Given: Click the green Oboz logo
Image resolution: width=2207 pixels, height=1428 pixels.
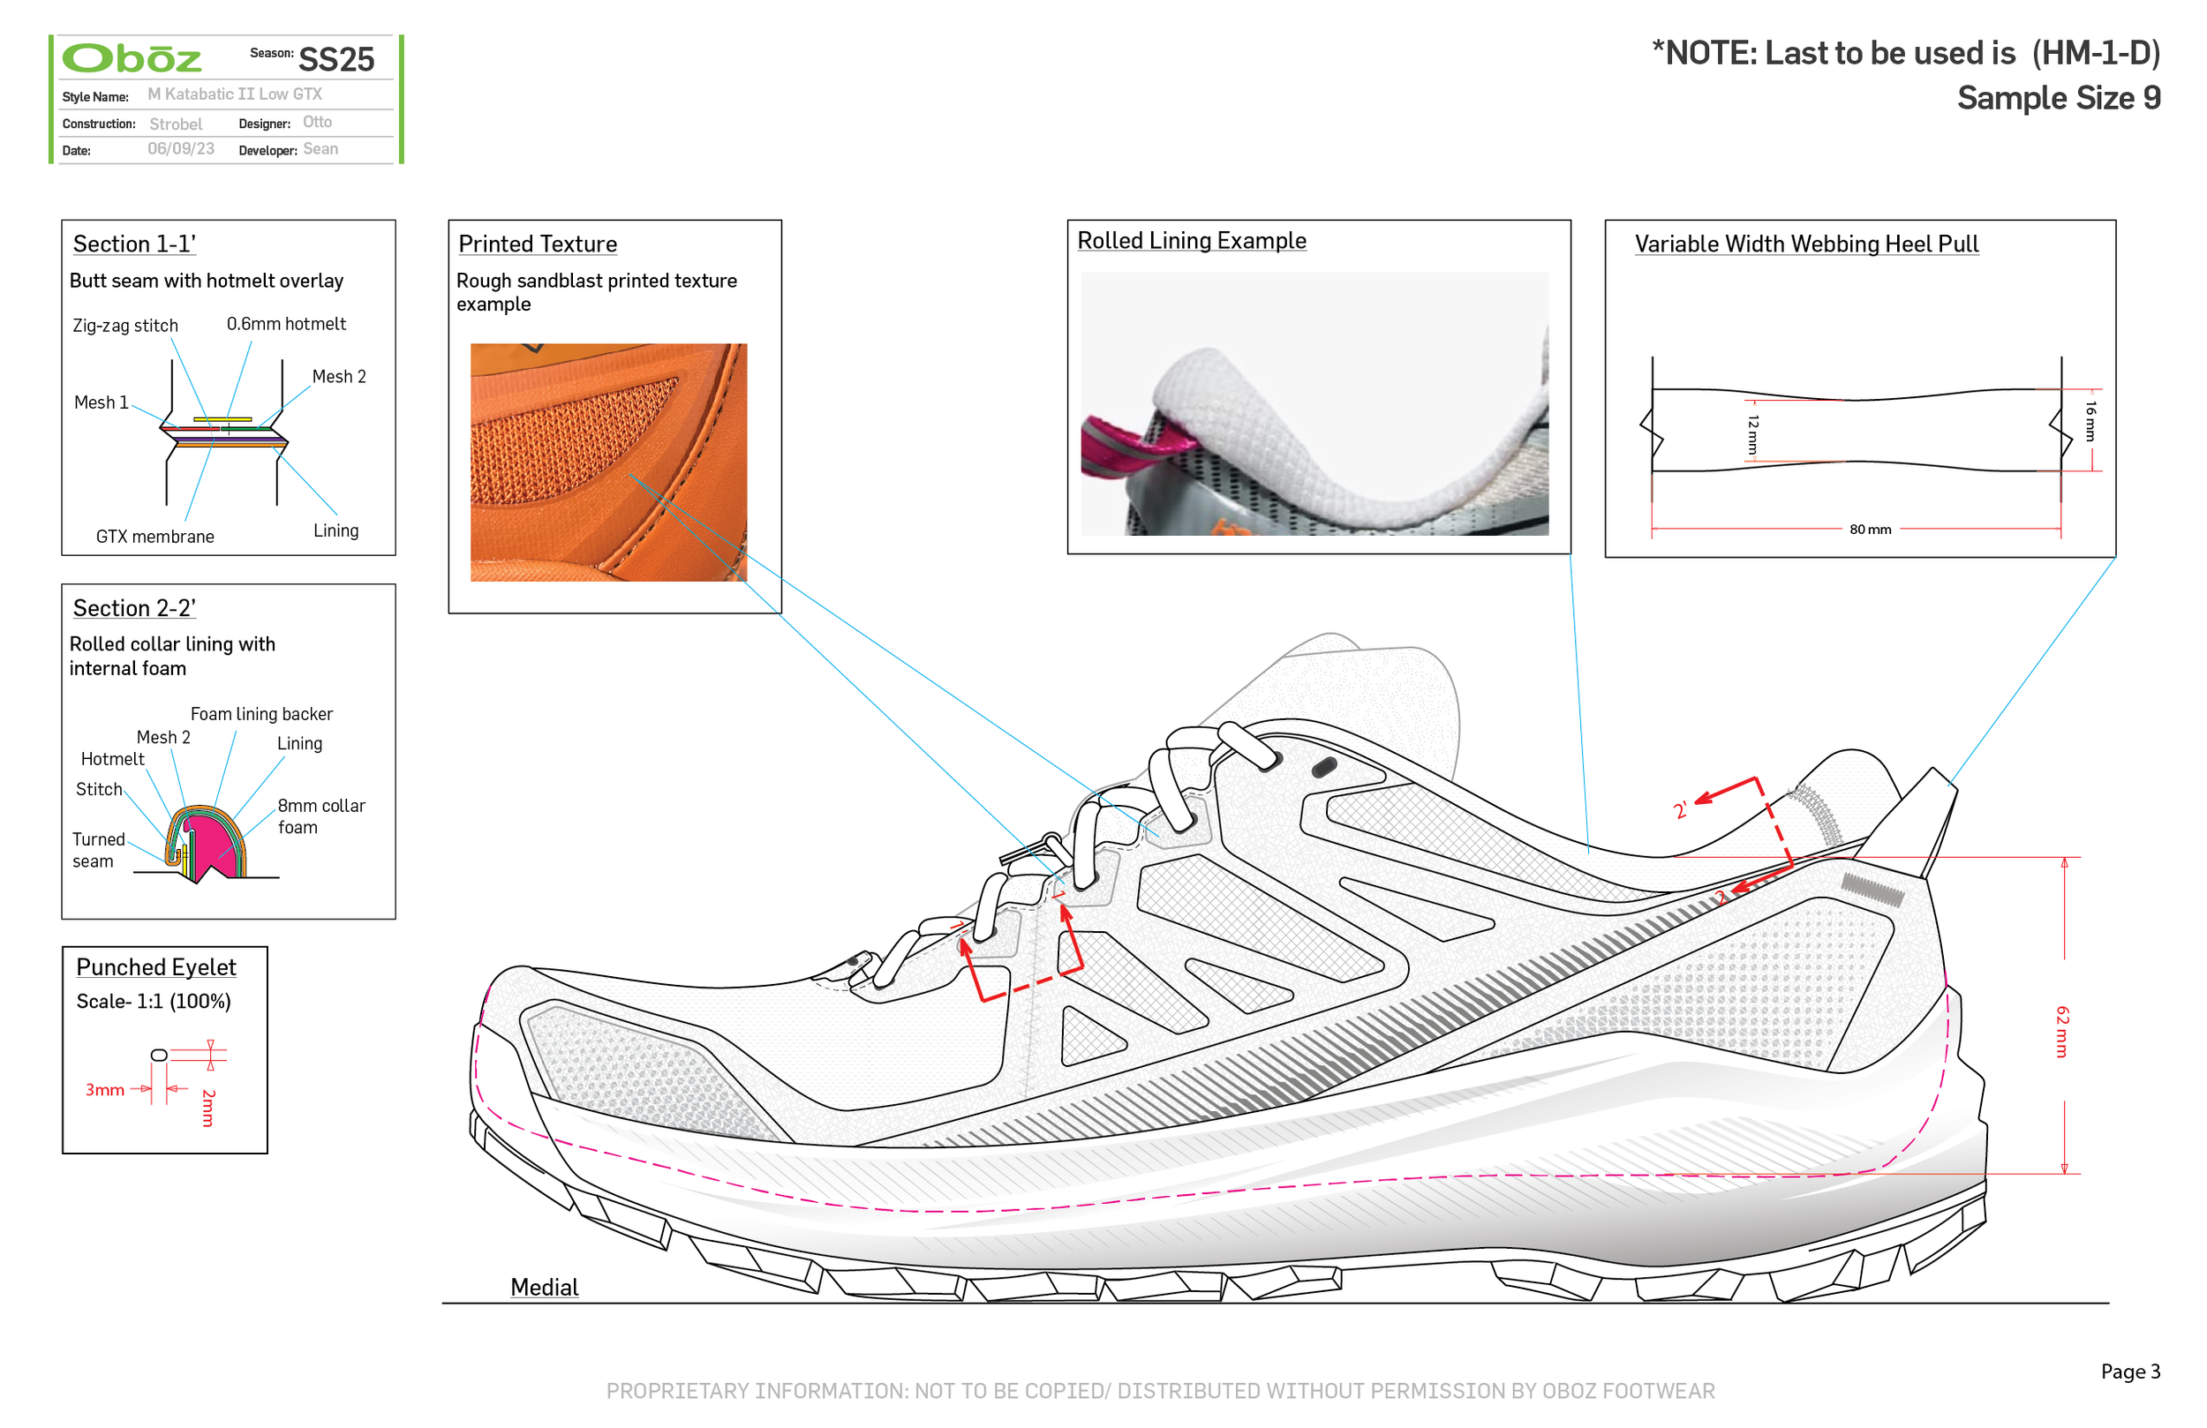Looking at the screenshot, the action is (x=132, y=59).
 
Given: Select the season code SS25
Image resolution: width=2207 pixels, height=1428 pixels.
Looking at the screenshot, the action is (x=335, y=60).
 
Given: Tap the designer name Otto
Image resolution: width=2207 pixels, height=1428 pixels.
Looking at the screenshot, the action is (x=317, y=123).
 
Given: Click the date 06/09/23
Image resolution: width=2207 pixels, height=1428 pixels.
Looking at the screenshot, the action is (x=181, y=149).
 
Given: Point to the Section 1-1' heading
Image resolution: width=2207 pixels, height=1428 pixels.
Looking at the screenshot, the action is (x=134, y=244).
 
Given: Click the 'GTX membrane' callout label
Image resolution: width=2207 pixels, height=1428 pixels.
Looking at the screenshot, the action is (x=154, y=537).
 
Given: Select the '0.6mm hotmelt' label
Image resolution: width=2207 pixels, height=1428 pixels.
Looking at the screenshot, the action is (x=286, y=324).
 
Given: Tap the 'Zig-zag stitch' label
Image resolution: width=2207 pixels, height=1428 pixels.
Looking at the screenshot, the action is (x=125, y=326).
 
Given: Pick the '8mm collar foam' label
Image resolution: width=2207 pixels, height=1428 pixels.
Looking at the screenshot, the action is (x=320, y=816).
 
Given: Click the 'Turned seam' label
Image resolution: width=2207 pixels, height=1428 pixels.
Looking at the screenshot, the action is (x=98, y=850).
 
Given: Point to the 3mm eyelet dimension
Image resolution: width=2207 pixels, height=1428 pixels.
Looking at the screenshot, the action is (x=105, y=1091).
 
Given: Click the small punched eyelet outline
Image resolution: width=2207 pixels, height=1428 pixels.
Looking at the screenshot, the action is (x=160, y=1056).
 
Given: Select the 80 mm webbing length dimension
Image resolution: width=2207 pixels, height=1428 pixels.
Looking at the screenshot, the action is (x=1870, y=530).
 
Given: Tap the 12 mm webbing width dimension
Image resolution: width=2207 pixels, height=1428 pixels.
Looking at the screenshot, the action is (x=1751, y=433).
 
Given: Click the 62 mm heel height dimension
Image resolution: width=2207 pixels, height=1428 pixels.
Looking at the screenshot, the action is (x=2061, y=1031).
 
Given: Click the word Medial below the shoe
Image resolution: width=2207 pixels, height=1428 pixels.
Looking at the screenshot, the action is (x=545, y=1287).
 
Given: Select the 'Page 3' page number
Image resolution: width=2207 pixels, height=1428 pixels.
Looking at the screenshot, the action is (x=2130, y=1372).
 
